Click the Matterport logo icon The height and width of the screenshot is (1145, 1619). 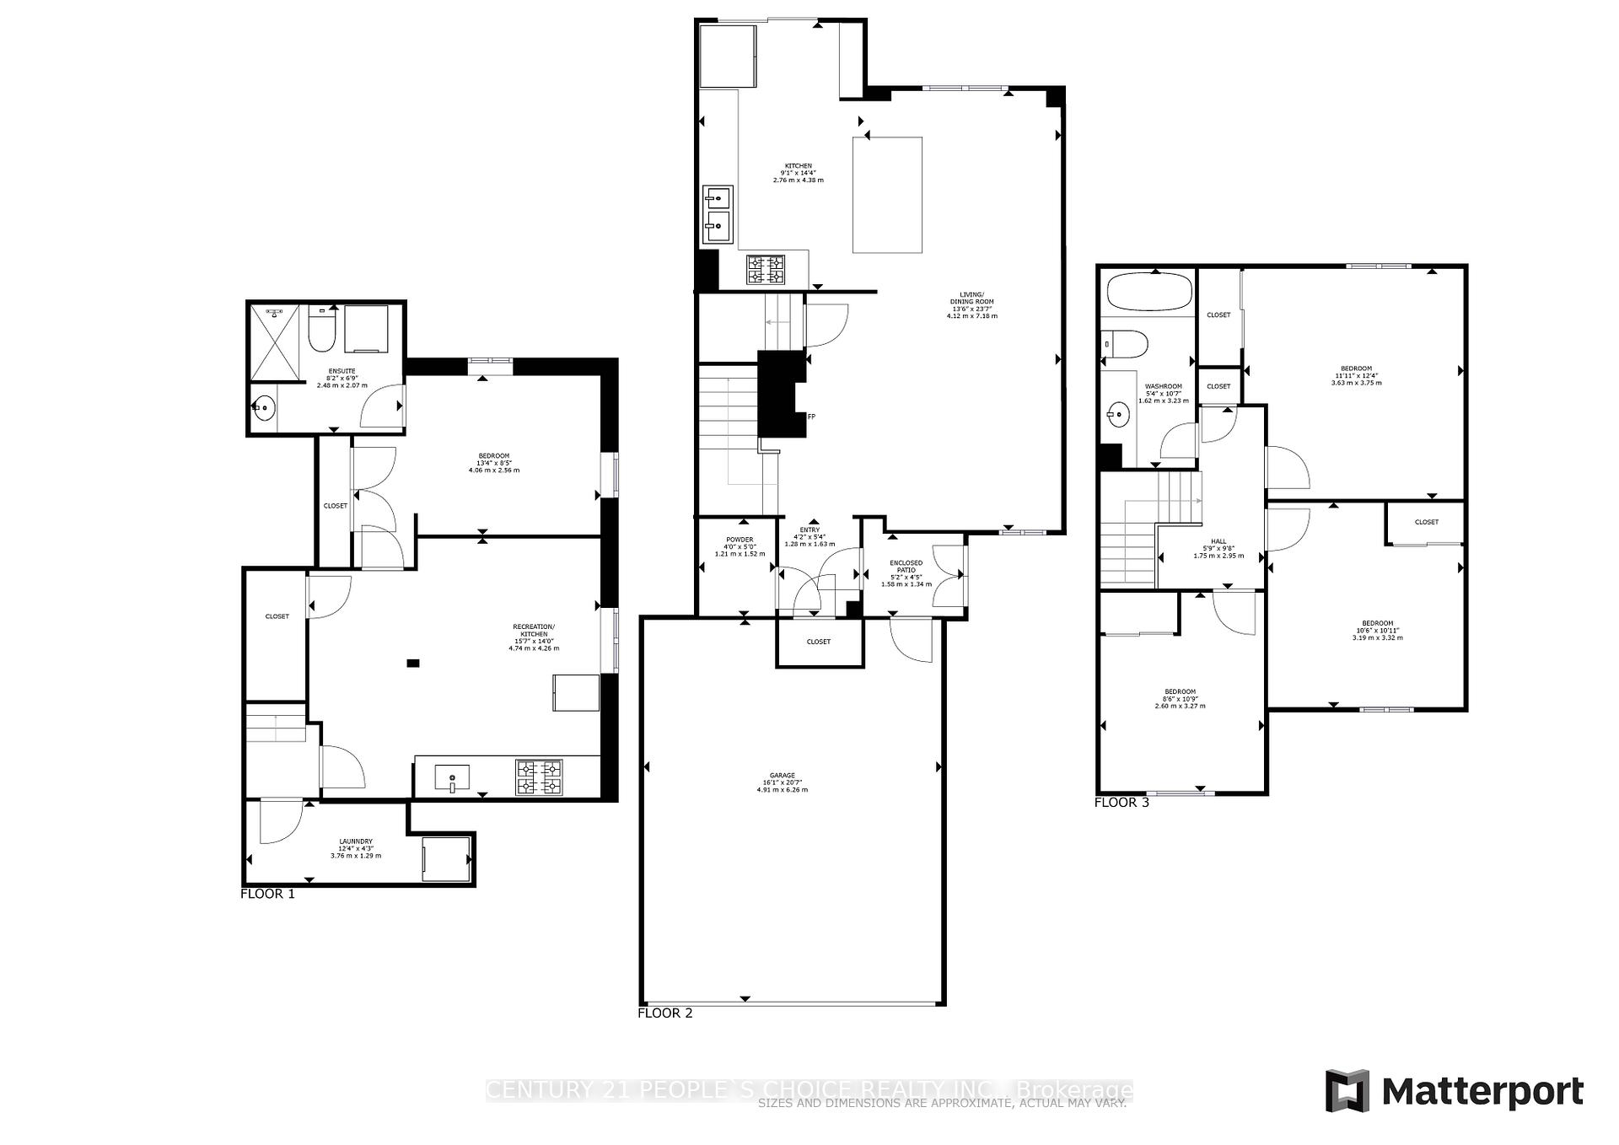1347,1091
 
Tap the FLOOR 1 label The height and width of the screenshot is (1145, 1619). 267,894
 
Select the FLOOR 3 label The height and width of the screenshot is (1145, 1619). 1121,802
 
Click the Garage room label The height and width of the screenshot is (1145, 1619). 782,782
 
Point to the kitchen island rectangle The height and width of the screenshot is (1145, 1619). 887,195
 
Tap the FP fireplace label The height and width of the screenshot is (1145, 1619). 811,417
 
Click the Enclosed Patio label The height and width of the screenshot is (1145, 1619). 906,572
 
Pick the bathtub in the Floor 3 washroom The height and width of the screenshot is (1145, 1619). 1149,292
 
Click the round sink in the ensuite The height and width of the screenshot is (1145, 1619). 264,408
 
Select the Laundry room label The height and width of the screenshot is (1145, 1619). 356,847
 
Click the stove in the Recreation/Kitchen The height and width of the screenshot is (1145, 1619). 539,777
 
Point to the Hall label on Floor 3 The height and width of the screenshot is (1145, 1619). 1218,548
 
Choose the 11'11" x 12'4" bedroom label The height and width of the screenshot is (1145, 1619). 1356,375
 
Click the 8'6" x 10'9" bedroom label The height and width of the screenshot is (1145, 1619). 1180,698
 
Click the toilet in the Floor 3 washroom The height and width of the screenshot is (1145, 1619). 1127,344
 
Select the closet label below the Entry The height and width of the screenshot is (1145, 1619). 818,642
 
